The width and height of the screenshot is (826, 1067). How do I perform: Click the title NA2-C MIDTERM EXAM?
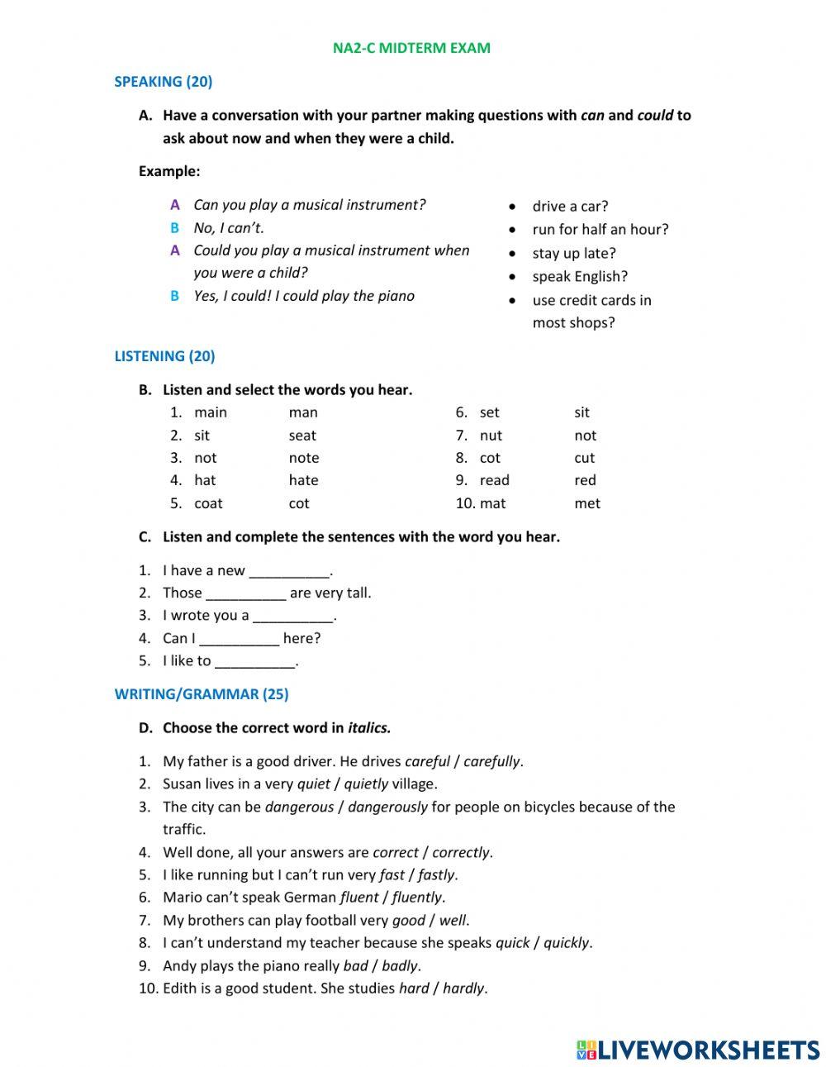(x=411, y=48)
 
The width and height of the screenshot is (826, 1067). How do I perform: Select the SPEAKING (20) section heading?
(x=163, y=81)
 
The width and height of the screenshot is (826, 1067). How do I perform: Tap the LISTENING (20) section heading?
(x=164, y=356)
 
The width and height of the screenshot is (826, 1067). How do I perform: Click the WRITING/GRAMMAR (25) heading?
(x=202, y=694)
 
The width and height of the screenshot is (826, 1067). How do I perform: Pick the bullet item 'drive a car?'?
(x=570, y=207)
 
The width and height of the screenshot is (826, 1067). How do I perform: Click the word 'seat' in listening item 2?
(x=302, y=436)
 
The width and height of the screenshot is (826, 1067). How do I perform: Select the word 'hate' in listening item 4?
(x=303, y=480)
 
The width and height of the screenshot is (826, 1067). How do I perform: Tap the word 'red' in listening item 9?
(x=585, y=480)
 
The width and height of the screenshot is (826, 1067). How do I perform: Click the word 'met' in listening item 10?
(x=587, y=503)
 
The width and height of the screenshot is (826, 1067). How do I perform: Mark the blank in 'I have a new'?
(x=289, y=571)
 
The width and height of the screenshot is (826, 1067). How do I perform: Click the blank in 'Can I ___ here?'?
(x=240, y=639)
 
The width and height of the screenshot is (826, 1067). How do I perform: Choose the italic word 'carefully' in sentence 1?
(x=492, y=762)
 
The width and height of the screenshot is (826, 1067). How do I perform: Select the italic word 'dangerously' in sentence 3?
(x=387, y=807)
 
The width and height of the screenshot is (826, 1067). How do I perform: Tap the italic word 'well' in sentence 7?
(x=453, y=921)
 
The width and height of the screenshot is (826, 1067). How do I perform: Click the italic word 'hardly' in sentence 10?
(x=464, y=988)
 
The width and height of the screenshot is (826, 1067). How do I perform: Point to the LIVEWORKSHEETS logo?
(x=697, y=1050)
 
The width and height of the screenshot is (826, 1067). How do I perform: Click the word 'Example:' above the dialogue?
(x=169, y=172)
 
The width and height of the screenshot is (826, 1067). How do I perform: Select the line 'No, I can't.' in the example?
(x=229, y=228)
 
